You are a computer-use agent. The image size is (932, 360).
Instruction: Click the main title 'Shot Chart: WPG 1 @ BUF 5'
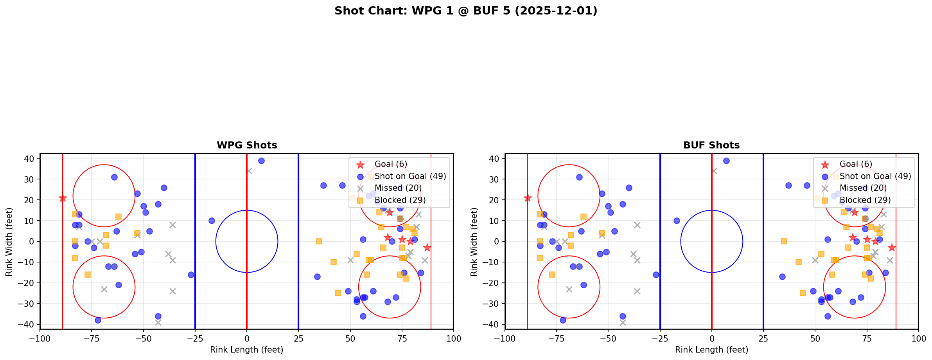pos(466,11)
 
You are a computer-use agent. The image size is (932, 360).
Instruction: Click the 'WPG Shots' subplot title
pos(247,145)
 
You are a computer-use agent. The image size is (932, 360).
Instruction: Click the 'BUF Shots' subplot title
pos(711,145)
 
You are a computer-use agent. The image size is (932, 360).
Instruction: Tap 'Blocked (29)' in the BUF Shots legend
pos(865,200)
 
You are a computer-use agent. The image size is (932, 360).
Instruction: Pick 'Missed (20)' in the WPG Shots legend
pos(398,188)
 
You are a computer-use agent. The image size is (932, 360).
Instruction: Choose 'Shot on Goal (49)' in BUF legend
pos(875,176)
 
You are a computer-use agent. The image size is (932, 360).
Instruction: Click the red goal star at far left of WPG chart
pos(63,198)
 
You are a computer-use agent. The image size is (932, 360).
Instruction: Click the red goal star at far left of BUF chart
pos(528,198)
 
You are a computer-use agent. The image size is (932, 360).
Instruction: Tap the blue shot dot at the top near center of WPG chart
pos(261,161)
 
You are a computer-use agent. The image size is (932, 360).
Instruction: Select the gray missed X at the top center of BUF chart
pos(714,171)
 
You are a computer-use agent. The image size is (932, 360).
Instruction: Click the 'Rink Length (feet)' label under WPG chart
pos(247,350)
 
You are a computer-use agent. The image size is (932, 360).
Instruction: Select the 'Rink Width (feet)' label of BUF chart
pos(474,241)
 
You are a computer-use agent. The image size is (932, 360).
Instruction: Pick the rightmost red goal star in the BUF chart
pos(892,248)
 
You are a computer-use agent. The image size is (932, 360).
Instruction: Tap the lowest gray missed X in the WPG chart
pos(158,322)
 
